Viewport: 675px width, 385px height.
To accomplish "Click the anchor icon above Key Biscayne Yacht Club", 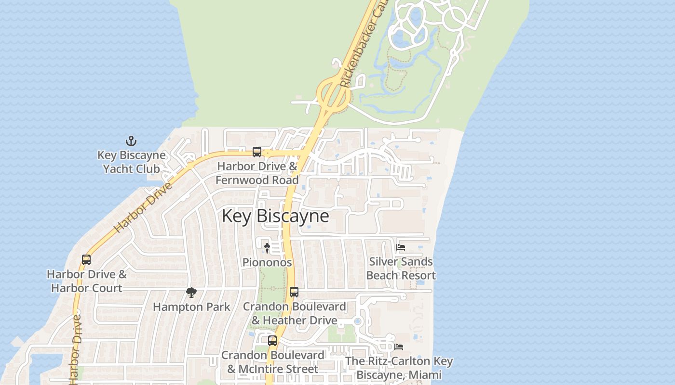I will pos(131,141).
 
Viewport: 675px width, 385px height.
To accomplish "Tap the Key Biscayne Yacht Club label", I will pos(132,162).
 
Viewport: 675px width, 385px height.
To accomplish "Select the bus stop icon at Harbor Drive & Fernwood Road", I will pos(257,152).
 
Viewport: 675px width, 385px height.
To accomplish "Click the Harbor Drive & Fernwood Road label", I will pos(257,173).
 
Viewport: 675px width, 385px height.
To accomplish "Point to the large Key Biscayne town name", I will pos(275,216).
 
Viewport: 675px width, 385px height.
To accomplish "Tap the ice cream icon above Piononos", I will pos(267,248).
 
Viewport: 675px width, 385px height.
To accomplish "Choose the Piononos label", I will pos(267,262).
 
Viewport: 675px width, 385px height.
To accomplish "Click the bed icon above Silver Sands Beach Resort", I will pos(400,248).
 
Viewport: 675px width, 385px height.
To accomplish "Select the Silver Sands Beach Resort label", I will pos(401,269).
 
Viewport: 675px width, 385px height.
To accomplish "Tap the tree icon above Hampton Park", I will pos(191,293).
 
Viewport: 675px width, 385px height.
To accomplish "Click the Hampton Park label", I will pos(191,307).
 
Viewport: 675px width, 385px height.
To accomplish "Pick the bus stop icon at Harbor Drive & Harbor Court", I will pos(86,260).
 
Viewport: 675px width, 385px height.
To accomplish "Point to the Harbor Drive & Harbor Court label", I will pos(87,281).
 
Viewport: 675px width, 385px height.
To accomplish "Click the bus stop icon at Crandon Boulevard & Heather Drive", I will pos(294,292).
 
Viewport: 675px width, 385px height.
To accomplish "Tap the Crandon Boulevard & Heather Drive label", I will pos(294,313).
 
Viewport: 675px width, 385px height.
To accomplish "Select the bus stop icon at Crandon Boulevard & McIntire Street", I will pos(272,341).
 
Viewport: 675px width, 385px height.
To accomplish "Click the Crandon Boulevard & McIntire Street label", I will pos(273,362).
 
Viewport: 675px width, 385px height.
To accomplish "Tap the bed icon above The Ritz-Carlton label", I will pos(399,346).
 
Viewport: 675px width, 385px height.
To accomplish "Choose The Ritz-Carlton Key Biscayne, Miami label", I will pos(399,368).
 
